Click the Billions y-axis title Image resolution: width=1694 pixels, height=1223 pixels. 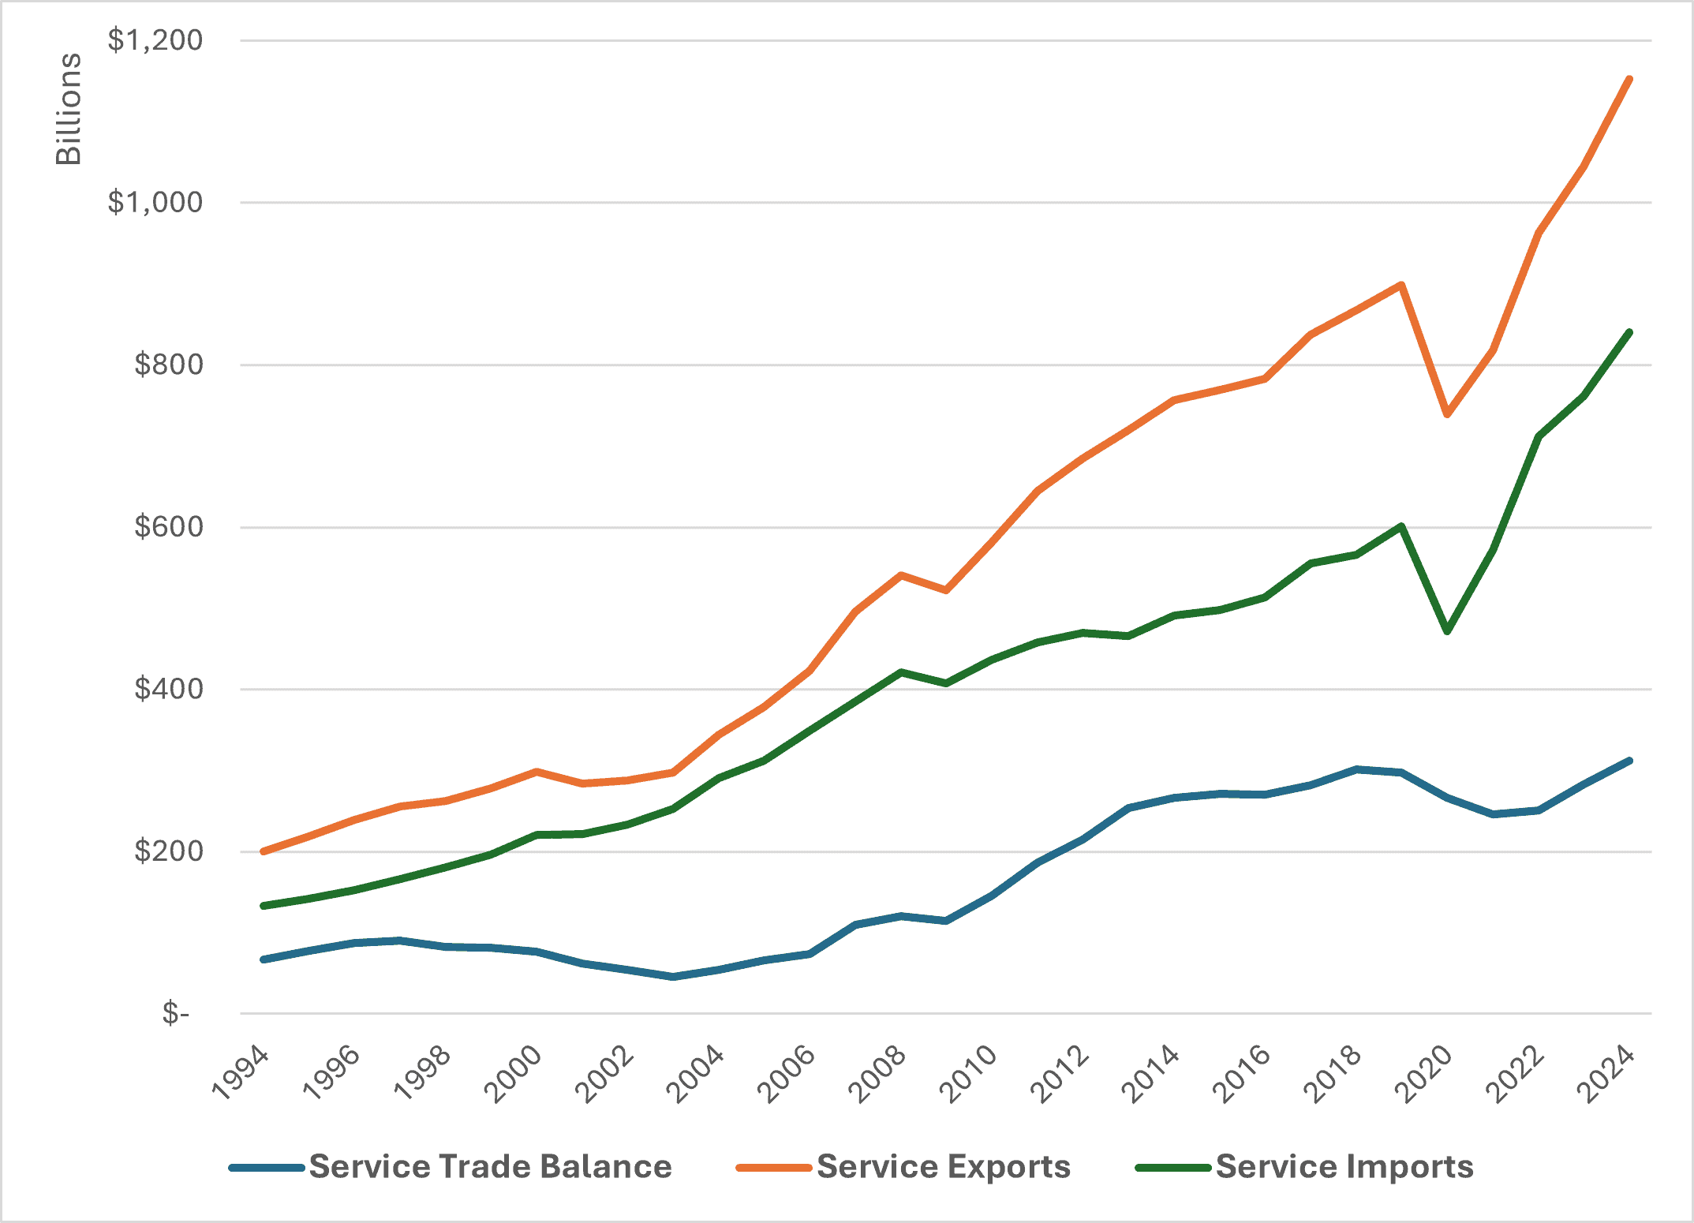point(69,109)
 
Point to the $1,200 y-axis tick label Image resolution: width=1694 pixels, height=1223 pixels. point(155,39)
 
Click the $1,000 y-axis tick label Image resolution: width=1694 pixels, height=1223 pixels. point(155,202)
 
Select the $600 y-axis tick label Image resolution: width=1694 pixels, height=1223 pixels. point(169,526)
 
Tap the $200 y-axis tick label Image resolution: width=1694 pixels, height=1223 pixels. point(169,851)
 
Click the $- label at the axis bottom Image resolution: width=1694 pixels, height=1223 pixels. point(175,1012)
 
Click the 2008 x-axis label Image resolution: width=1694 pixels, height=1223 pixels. point(879,1073)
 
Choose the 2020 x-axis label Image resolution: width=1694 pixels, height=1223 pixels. point(1425,1073)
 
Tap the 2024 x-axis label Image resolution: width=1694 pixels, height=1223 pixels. point(1606,1073)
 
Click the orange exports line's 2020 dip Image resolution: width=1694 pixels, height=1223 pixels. point(1447,414)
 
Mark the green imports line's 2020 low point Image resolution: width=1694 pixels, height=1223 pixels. point(1447,631)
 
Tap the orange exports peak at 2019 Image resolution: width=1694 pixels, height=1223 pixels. point(1401,284)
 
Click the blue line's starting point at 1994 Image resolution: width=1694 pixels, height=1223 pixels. point(263,959)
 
